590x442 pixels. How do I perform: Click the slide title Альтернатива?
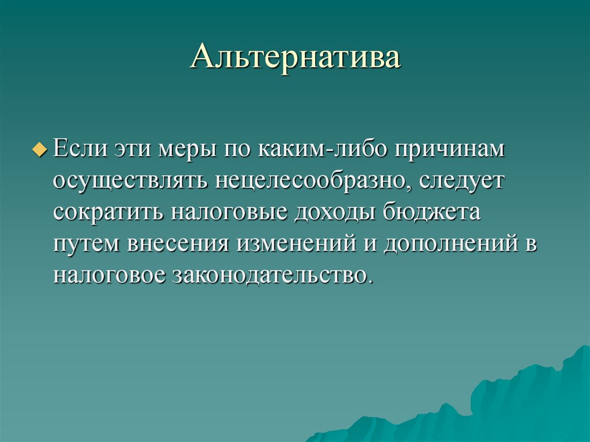pyautogui.click(x=295, y=59)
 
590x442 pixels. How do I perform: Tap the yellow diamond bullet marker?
pyautogui.click(x=39, y=150)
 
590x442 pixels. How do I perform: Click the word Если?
pyautogui.click(x=80, y=149)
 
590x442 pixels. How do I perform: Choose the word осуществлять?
pyautogui.click(x=131, y=181)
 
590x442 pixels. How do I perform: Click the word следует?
pyautogui.click(x=462, y=181)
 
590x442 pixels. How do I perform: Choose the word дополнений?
pyautogui.click(x=450, y=244)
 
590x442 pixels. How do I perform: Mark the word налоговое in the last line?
pyautogui.click(x=112, y=275)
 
